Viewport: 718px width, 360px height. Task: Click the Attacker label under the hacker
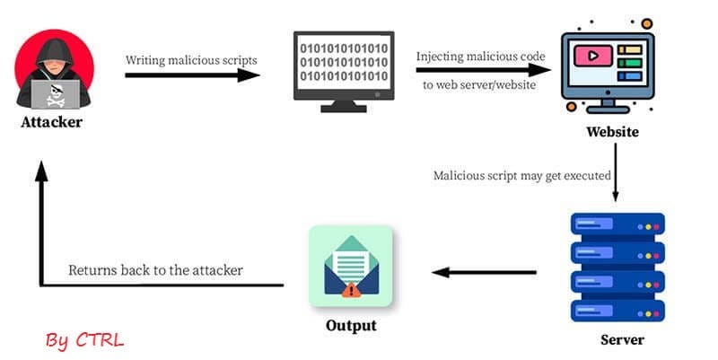tap(51, 122)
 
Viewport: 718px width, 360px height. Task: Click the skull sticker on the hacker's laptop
tap(53, 92)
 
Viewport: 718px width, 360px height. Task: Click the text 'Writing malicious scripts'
tap(191, 59)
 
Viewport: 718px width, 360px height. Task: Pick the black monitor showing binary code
tap(343, 69)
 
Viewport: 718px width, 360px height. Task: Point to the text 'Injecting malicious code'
tap(480, 56)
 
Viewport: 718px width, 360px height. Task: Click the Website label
tap(612, 132)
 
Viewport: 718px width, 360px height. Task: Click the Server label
tap(622, 340)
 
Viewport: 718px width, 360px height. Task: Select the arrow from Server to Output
tap(486, 271)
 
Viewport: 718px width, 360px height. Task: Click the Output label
tap(350, 324)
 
